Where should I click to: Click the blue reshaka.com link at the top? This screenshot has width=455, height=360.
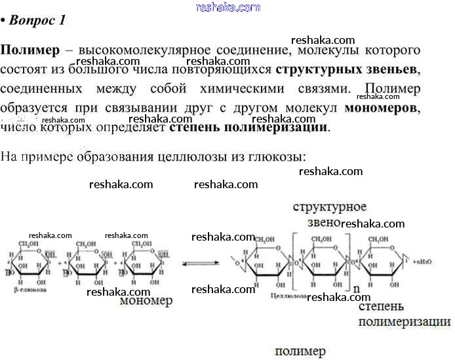tap(228, 7)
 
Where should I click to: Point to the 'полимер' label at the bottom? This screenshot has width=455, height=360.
tap(300, 351)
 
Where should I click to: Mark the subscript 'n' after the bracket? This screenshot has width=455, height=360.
tap(356, 289)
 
